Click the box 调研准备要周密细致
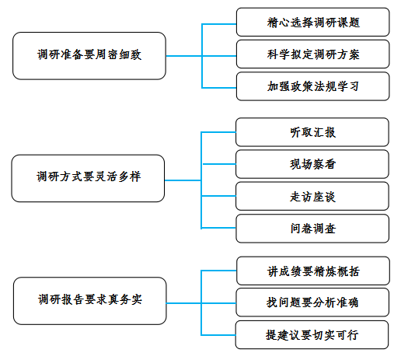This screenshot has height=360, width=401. [x=89, y=56]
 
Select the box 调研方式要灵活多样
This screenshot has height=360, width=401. [x=88, y=178]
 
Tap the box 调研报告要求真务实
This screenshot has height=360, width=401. [x=90, y=301]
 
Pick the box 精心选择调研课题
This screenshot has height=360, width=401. [x=313, y=22]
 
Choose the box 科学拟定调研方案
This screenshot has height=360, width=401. [x=313, y=54]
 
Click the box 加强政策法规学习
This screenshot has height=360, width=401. [x=313, y=86]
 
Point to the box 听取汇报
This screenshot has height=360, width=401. [x=312, y=132]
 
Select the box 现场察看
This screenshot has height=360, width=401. [x=312, y=164]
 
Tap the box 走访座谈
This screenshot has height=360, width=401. [x=312, y=196]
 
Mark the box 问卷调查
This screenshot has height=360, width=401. [x=312, y=229]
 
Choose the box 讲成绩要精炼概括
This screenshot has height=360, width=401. [x=313, y=271]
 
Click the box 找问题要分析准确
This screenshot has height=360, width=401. [x=312, y=302]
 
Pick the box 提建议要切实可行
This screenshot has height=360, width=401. [x=312, y=335]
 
